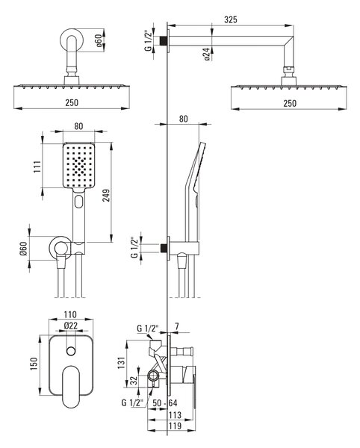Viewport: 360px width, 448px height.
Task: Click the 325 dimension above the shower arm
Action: point(231,19)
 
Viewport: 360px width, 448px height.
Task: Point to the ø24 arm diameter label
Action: point(207,54)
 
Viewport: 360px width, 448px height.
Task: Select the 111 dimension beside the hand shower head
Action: point(37,167)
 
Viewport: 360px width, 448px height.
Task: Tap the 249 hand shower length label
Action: point(106,196)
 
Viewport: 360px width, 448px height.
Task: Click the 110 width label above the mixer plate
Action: point(70,314)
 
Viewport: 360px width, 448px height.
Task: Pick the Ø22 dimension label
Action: point(71,326)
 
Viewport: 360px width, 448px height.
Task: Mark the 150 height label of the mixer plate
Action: point(34,364)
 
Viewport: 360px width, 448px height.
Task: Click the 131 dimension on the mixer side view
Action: point(122,362)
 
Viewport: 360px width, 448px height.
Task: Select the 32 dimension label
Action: point(134,380)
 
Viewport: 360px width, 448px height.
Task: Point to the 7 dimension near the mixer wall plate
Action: point(177,326)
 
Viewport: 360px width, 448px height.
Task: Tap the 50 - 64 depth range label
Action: point(165,403)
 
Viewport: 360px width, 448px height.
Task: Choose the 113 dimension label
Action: point(175,414)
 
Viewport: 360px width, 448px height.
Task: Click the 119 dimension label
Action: point(175,426)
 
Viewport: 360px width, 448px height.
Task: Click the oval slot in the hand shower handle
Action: point(78,202)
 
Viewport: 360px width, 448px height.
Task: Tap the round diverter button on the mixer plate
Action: point(71,351)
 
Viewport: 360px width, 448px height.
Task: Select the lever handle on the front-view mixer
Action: point(71,387)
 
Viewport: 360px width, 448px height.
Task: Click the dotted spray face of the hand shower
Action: point(78,166)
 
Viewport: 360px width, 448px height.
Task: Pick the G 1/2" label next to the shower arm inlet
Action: point(149,40)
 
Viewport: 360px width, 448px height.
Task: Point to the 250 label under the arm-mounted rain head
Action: point(290,103)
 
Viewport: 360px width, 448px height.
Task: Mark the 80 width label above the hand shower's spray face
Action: point(78,126)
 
